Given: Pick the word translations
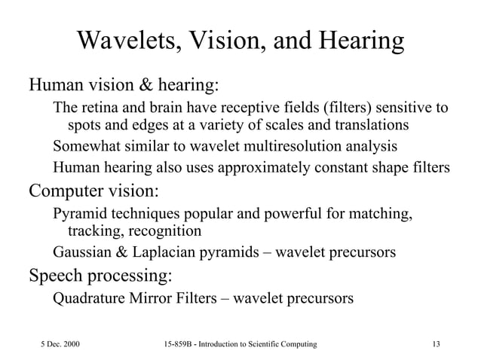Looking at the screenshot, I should click(x=370, y=125).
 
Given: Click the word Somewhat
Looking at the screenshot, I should click(x=85, y=145).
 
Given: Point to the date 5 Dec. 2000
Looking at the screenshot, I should click(x=60, y=344).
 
